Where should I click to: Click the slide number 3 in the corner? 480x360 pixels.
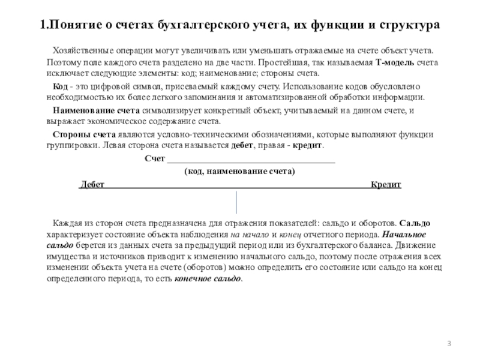pyautogui.click(x=449, y=343)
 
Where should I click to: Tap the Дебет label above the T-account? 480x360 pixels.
pyautogui.click(x=92, y=185)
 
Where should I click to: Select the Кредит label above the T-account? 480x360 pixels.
pyautogui.click(x=386, y=185)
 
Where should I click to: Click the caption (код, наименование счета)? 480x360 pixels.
pyautogui.click(x=239, y=171)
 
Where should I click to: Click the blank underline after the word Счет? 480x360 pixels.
pyautogui.click(x=251, y=159)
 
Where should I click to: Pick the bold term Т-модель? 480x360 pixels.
pyautogui.click(x=395, y=62)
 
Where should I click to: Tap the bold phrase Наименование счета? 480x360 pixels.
pyautogui.click(x=97, y=110)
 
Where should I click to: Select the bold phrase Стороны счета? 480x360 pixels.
pyautogui.click(x=83, y=134)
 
